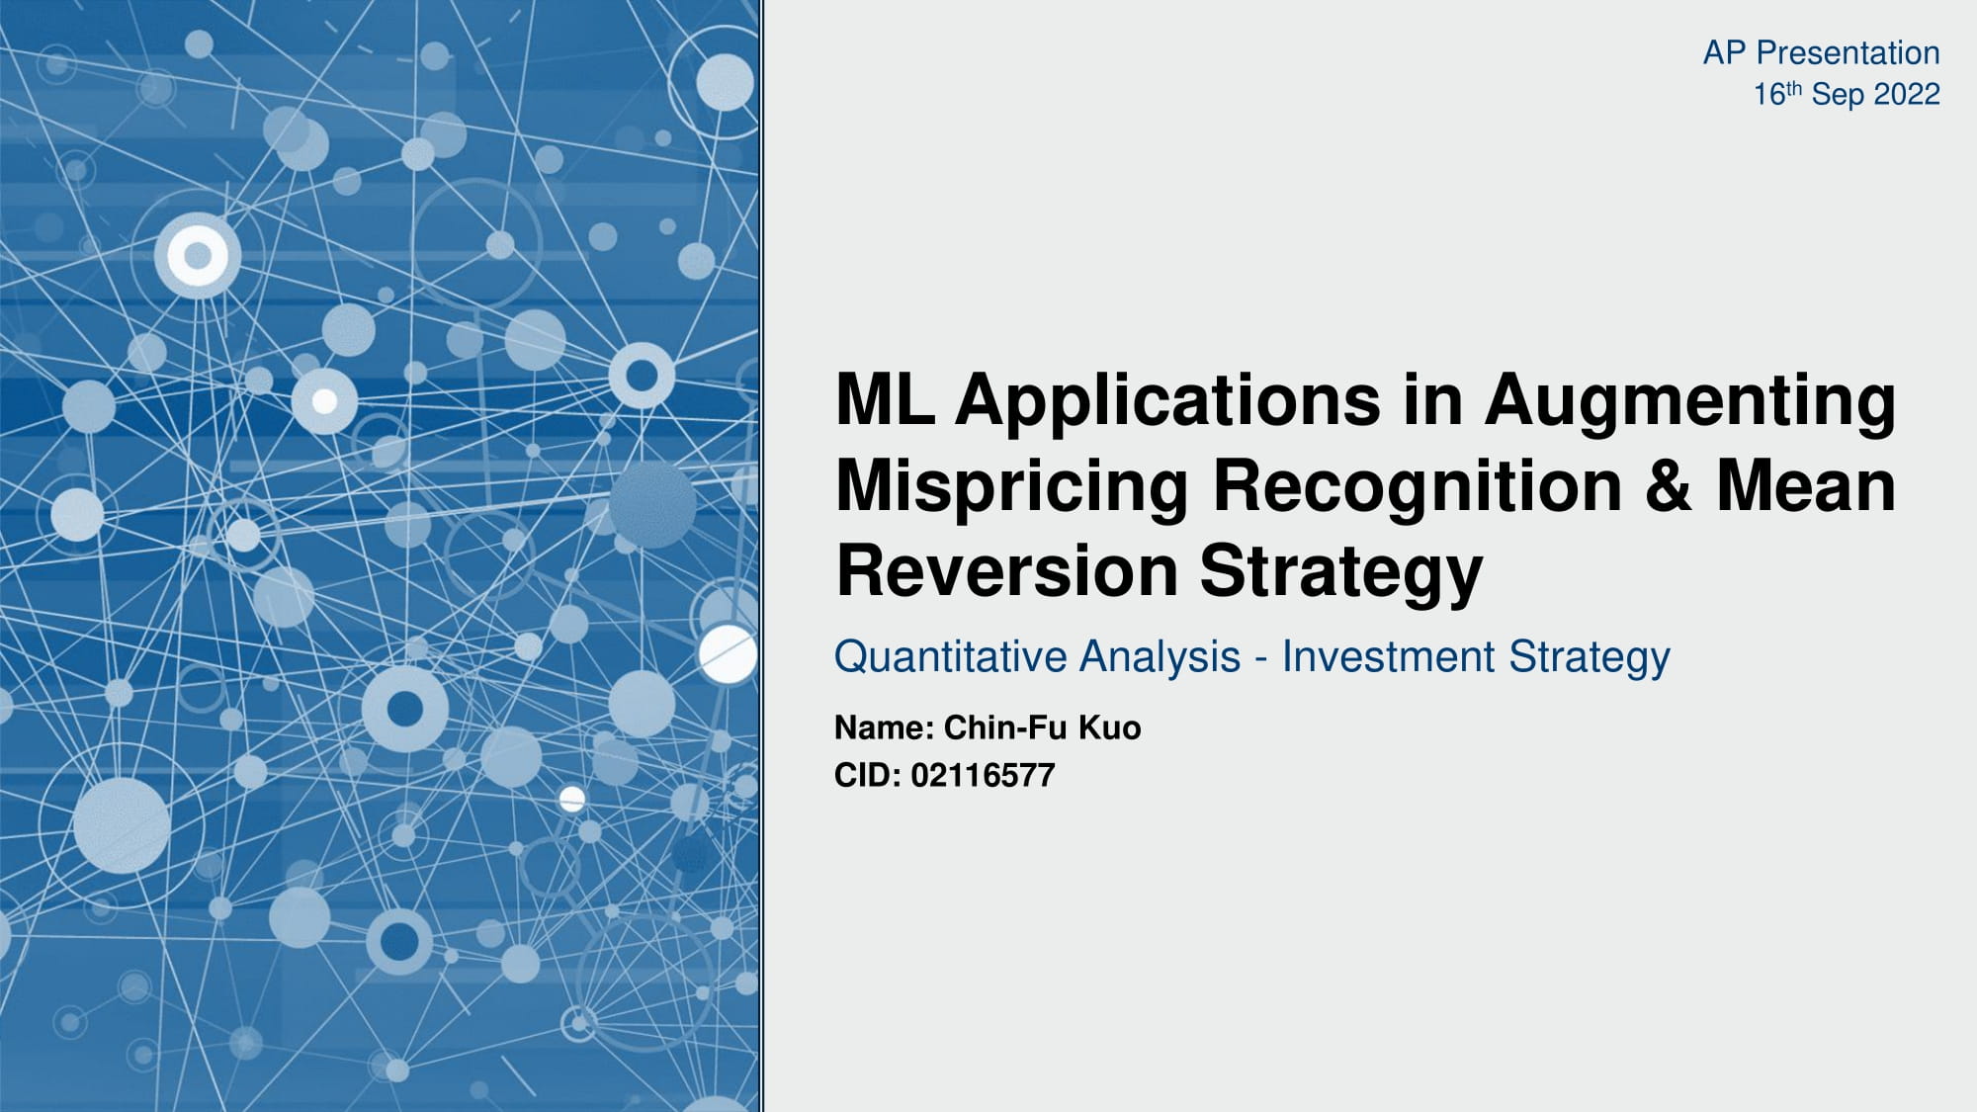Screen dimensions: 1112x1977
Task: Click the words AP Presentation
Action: [x=1821, y=52]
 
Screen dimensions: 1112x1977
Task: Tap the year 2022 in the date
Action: [x=1907, y=95]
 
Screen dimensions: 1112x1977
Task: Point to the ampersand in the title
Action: [x=1669, y=486]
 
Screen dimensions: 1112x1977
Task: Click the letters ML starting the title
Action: [x=884, y=400]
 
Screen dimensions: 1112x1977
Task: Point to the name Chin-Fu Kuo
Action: [x=1042, y=727]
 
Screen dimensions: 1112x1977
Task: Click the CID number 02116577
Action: [x=983, y=775]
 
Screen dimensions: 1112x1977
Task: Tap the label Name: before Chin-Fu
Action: [x=884, y=727]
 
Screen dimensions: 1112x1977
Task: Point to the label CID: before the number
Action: [x=868, y=775]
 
